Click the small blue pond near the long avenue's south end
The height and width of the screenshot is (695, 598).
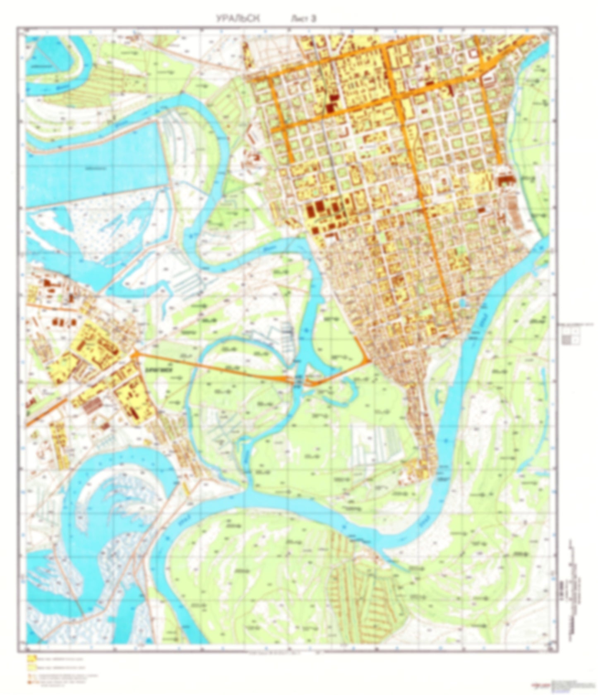[462, 303]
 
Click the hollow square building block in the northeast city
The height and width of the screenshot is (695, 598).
[472, 54]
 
